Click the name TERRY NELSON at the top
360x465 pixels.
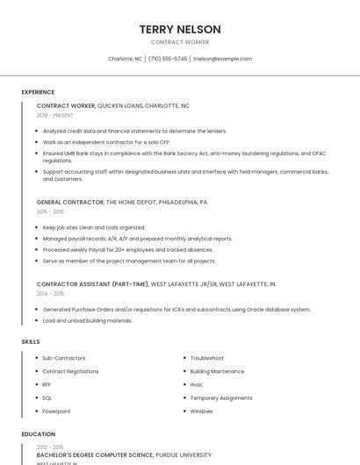pos(180,29)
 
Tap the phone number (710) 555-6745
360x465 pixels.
pos(168,59)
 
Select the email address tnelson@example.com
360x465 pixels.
pos(222,59)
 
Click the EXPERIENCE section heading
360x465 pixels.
pos(38,92)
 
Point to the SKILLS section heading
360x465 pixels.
pos(31,341)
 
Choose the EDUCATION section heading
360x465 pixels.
pos(38,434)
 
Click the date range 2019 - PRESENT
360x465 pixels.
pos(55,115)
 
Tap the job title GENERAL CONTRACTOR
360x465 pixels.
pos(69,202)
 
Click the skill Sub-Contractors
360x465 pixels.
pos(64,358)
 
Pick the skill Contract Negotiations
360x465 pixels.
pos(70,371)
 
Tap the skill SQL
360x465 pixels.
pos(47,397)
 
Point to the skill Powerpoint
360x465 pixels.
pos(56,411)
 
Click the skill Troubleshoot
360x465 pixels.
pos(207,358)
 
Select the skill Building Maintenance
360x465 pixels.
pos(217,371)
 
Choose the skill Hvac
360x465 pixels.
pos(197,384)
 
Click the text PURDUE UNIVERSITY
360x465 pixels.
pos(184,455)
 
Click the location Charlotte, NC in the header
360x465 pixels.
pos(125,59)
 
